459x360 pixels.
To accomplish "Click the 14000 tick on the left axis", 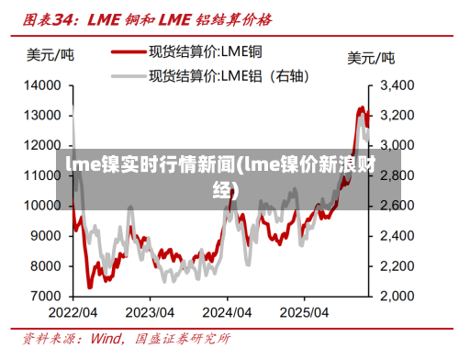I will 42,85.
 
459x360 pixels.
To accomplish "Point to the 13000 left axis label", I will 42,116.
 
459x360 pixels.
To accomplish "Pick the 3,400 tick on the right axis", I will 399,85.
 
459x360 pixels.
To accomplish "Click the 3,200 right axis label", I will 399,116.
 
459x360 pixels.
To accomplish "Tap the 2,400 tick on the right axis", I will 399,236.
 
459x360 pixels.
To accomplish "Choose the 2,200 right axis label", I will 399,266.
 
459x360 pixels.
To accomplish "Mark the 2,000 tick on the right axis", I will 399,297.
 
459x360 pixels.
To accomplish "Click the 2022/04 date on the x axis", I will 73,313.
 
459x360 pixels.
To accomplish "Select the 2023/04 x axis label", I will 151,313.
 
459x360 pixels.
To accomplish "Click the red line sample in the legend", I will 129,53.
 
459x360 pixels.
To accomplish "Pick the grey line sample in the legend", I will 129,74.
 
